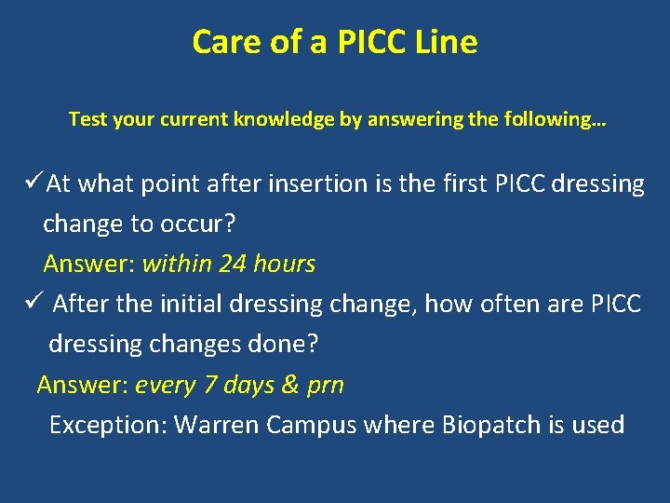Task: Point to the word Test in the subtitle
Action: coord(88,120)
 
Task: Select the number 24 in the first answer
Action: coord(233,264)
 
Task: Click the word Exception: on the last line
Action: coord(108,425)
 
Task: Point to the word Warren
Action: coord(216,425)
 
